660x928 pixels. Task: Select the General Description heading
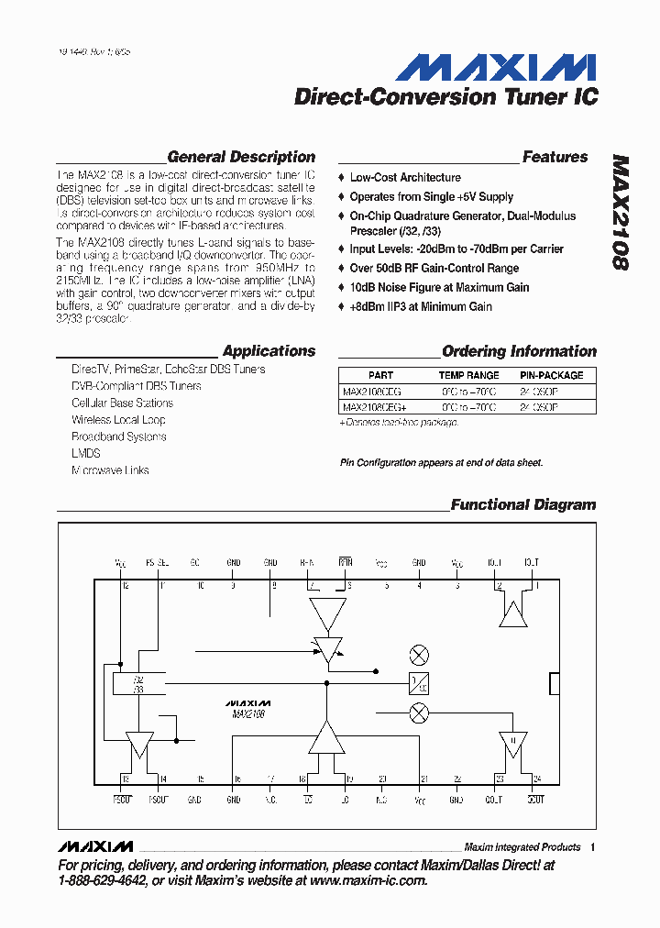coord(241,157)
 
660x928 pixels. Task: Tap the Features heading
coord(555,157)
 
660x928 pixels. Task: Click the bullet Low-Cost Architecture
coord(404,177)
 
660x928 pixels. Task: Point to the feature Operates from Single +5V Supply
coord(431,196)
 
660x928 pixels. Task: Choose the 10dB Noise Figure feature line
coord(438,287)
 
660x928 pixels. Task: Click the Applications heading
coord(269,350)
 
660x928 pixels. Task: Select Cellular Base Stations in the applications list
coord(122,403)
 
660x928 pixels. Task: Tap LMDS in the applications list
coord(85,453)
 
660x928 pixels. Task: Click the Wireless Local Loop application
coord(118,419)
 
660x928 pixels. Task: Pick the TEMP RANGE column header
coord(468,375)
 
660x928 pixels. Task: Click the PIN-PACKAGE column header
coord(551,375)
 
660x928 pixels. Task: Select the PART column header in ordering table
coord(380,375)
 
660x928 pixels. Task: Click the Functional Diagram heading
coord(522,504)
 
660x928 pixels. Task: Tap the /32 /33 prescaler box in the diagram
coord(138,684)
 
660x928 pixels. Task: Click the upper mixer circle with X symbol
coord(419,655)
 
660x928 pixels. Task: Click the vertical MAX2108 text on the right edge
coord(621,212)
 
